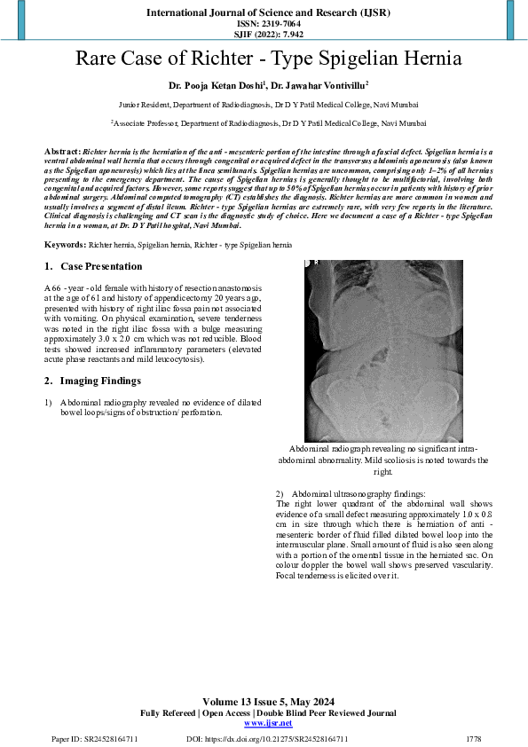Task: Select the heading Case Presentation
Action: (100, 266)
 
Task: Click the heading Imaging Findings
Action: (99, 381)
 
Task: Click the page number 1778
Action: (473, 738)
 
